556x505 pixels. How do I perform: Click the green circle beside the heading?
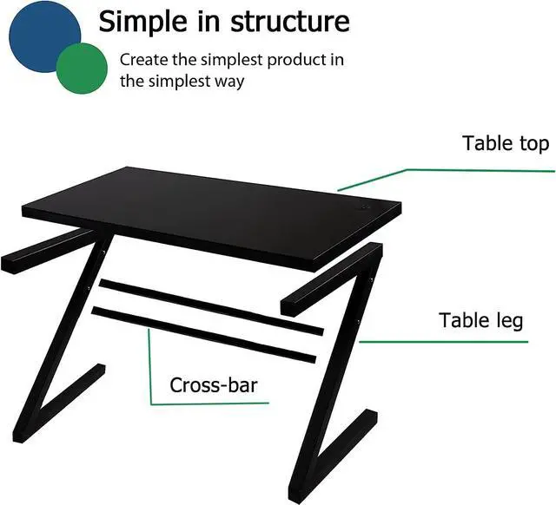click(83, 69)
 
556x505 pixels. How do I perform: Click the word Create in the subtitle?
click(143, 60)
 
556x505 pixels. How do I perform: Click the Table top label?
click(506, 143)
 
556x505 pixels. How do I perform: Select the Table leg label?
click(480, 321)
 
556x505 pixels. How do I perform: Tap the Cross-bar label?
click(214, 384)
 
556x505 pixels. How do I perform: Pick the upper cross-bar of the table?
click(208, 308)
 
